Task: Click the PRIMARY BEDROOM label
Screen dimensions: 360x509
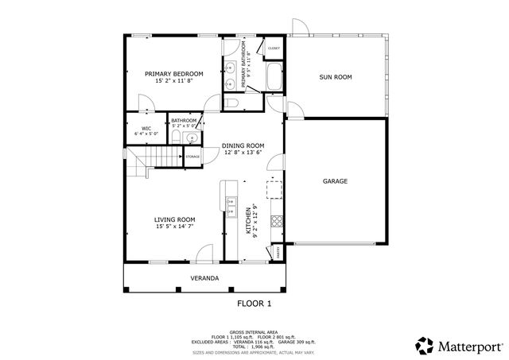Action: [173, 74]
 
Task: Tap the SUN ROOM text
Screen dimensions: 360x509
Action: [335, 77]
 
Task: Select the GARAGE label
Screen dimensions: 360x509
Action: [335, 181]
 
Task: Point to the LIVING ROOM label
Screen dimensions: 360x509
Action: [175, 219]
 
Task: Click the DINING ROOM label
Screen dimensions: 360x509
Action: [243, 145]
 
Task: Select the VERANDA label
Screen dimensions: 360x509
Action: [204, 278]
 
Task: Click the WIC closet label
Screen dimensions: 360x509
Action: [146, 129]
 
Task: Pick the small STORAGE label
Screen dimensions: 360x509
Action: [192, 157]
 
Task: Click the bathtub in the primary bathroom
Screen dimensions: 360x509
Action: [274, 79]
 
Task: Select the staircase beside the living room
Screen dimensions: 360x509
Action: [139, 166]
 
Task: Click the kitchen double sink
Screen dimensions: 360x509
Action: [231, 207]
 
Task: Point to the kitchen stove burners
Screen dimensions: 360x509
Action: [275, 219]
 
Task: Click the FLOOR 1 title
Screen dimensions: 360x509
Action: [254, 304]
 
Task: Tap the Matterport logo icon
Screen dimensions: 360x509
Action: [424, 345]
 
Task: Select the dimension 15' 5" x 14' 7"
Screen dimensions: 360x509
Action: [175, 227]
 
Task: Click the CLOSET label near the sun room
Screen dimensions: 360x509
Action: [274, 48]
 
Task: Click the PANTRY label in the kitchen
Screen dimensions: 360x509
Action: [278, 251]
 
